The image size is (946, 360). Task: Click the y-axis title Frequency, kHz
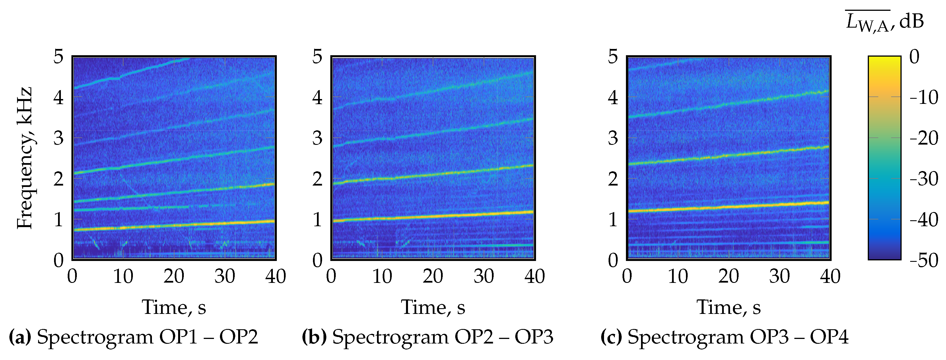(25, 158)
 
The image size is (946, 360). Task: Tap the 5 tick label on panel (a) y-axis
(58, 57)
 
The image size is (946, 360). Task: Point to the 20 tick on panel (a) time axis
(174, 276)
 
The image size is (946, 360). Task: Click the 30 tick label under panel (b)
(483, 276)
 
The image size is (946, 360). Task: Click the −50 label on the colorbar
(923, 260)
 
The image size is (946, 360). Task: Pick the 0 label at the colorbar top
(914, 57)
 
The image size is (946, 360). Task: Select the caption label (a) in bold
(20, 337)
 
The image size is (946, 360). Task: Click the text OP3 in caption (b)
(533, 337)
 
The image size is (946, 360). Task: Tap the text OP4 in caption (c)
(829, 337)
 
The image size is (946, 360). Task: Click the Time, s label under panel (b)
(433, 307)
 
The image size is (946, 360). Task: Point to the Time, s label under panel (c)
(729, 307)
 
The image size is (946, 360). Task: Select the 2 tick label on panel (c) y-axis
(613, 179)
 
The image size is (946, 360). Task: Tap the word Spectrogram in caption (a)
(95, 337)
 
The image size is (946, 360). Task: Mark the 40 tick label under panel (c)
(830, 276)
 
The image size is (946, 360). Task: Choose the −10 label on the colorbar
(923, 98)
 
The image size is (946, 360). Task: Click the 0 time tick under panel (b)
(331, 276)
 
